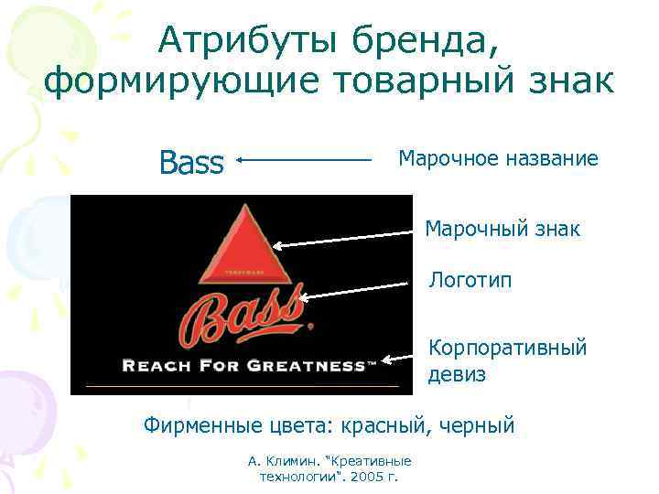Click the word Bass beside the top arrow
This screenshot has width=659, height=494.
click(x=191, y=163)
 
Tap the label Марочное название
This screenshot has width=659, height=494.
click(x=498, y=159)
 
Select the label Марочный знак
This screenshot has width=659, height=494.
click(x=502, y=228)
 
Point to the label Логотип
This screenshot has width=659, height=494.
click(x=470, y=280)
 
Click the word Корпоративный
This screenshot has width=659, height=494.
click(x=507, y=349)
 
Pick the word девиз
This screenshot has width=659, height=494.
click(x=456, y=374)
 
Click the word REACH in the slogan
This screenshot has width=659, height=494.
click(x=153, y=366)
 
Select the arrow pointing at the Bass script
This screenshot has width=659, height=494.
click(x=357, y=291)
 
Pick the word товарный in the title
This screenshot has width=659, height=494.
click(x=393, y=82)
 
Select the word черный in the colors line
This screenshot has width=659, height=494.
click(x=478, y=425)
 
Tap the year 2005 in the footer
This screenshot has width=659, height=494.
click(x=368, y=478)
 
